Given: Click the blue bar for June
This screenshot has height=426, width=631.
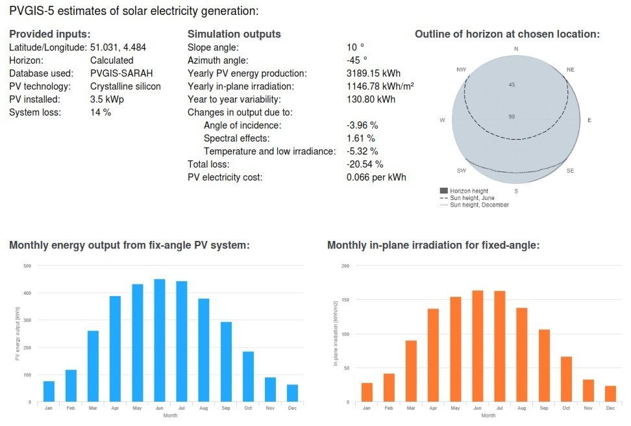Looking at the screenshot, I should coord(159,340).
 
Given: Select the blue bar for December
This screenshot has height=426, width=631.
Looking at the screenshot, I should coord(292,393).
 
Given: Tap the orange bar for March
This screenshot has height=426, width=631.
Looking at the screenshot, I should coord(411,371).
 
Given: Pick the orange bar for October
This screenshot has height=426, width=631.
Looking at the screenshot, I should coord(566,379).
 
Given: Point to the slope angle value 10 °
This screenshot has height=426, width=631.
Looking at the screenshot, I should coord(355,47).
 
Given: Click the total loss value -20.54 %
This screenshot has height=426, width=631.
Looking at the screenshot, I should coord(365,164).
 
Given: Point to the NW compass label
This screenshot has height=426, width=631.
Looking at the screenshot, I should coord(462,69).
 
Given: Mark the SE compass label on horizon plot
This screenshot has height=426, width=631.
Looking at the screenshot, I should coord(570,171).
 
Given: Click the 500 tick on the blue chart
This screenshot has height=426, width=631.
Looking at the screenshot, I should coord(27,266).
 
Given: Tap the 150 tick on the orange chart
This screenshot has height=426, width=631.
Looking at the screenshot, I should coord(345,300).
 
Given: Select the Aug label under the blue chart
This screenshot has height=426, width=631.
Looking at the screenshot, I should coord(203,408).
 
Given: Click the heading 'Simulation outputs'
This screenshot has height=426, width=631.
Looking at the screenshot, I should coord(234,34).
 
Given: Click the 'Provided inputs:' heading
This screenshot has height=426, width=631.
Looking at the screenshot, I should coord(49,34).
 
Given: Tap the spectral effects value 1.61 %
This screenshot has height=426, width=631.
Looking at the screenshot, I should coord(361,138).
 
